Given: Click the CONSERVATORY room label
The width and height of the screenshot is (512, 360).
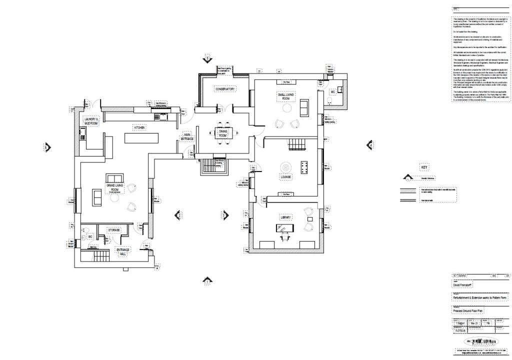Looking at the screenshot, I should [224, 89].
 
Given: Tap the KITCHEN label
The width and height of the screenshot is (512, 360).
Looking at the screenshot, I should [139, 128].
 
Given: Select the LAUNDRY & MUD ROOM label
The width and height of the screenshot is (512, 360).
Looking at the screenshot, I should [92, 120].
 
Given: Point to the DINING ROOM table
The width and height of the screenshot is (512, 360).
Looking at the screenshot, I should [223, 133].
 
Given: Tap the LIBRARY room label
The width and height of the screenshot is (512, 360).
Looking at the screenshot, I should [285, 217].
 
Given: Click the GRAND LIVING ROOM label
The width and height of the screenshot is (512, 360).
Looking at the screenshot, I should [112, 187].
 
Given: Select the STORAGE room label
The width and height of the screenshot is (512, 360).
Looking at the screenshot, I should [113, 230].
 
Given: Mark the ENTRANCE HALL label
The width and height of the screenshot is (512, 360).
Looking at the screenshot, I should [123, 252].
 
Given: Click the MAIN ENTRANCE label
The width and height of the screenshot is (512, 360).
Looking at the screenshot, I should [187, 136].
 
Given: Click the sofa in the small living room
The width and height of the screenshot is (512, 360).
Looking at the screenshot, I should [303, 107].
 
